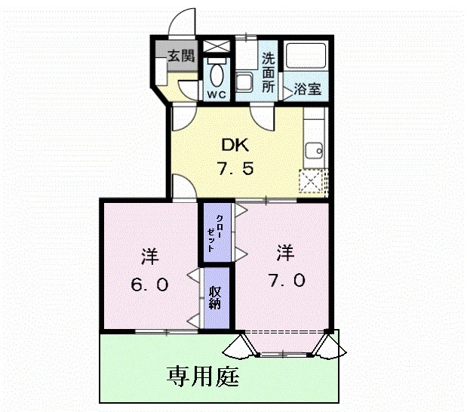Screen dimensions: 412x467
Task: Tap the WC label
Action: [217, 95]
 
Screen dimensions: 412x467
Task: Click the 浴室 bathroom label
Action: [308, 89]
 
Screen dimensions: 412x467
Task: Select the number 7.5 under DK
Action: [235, 168]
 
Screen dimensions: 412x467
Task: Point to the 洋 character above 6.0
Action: [149, 255]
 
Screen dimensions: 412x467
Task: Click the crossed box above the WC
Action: [217, 45]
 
